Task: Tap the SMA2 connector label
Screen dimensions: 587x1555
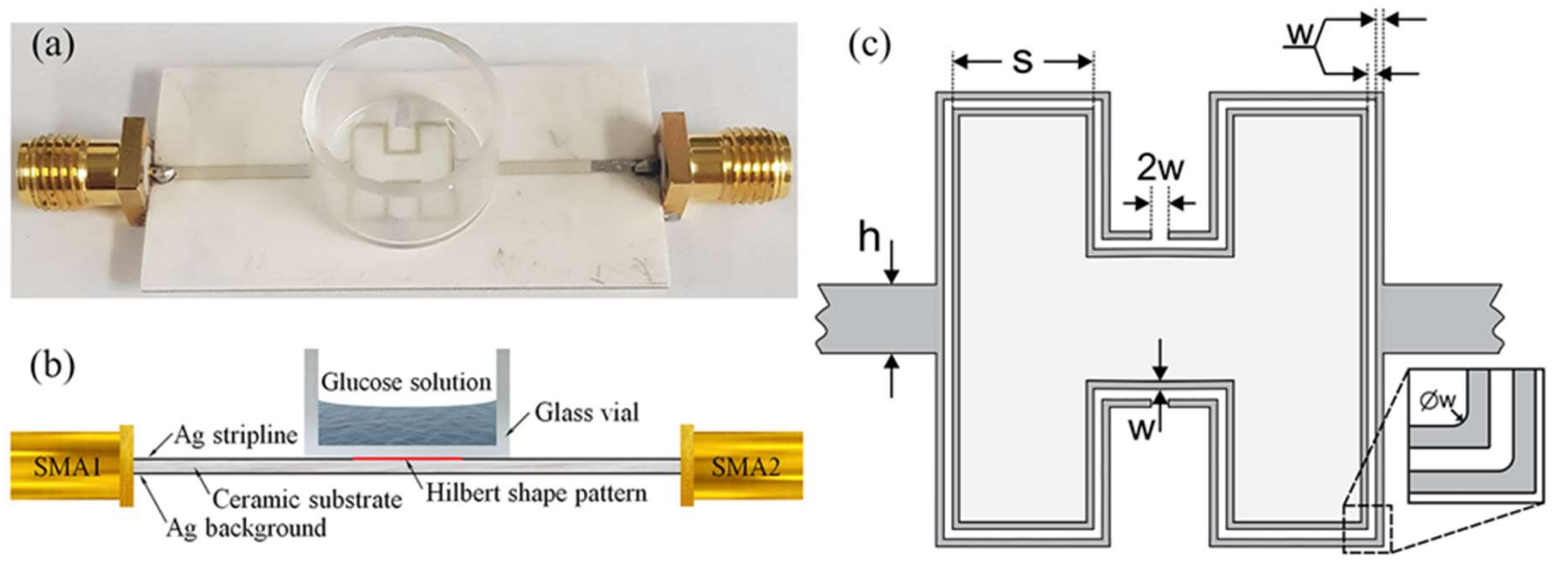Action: click(745, 466)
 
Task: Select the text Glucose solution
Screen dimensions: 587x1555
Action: click(406, 382)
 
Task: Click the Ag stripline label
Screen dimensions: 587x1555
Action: click(235, 435)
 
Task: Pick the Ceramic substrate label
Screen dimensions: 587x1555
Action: click(307, 499)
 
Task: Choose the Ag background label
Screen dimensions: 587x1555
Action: click(246, 528)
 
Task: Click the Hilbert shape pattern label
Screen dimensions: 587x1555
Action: click(536, 493)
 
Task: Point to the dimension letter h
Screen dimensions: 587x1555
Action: click(869, 239)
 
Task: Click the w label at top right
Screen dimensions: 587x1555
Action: click(1300, 35)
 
